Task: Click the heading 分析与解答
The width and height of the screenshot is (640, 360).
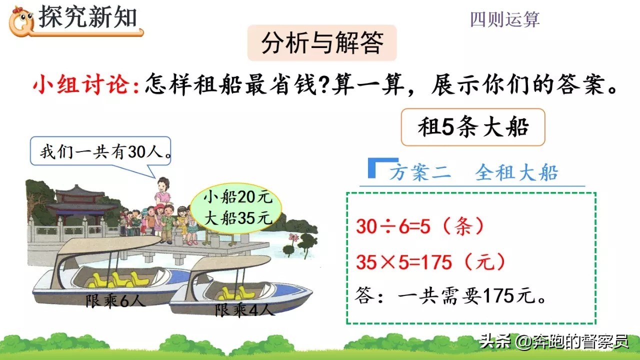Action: [x=322, y=43]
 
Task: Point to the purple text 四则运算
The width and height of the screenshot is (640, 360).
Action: [x=505, y=19]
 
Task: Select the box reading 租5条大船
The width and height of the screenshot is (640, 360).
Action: [x=473, y=127]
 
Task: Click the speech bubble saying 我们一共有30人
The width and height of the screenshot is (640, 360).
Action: [x=100, y=151]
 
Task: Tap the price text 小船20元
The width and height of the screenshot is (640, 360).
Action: [x=237, y=197]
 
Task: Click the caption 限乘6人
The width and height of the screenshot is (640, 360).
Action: [x=115, y=300]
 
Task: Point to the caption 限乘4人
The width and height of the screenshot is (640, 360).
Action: [x=244, y=309]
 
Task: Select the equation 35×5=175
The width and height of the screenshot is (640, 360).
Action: [x=403, y=262]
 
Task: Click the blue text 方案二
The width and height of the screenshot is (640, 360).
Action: [x=420, y=172]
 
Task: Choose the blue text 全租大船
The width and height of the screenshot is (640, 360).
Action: [x=516, y=172]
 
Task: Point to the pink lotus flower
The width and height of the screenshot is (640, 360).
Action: [x=293, y=237]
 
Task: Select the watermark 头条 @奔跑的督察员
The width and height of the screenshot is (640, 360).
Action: [x=554, y=341]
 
